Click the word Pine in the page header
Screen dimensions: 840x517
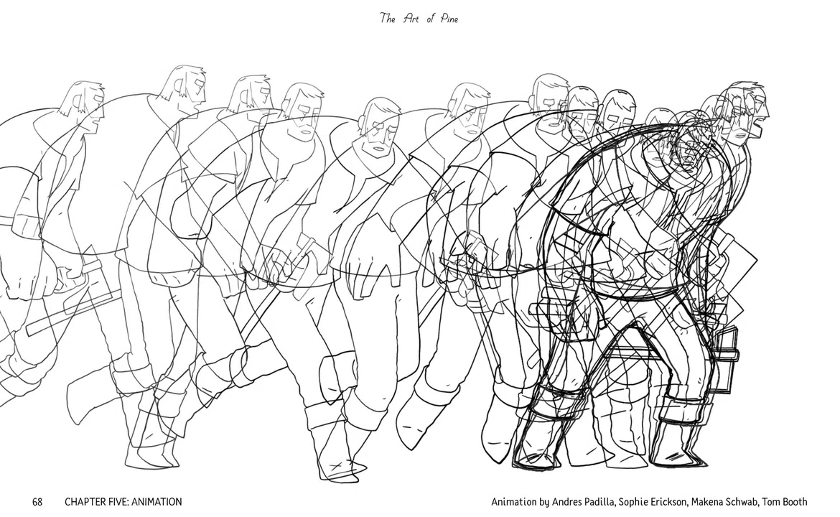pyautogui.click(x=449, y=19)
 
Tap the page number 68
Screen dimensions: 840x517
pyautogui.click(x=37, y=502)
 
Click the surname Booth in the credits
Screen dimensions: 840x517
pyautogui.click(x=795, y=502)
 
